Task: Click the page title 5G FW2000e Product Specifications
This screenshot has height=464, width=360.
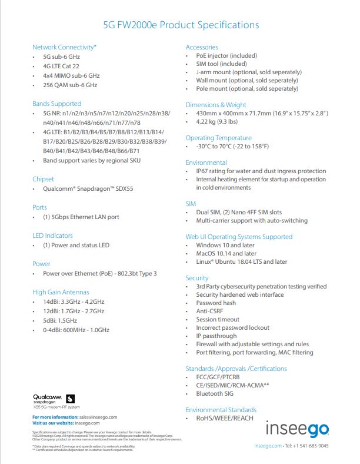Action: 181,25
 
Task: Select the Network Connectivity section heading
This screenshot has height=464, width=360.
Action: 64,47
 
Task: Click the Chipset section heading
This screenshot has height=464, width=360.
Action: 43,179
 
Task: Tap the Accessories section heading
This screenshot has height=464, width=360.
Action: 202,47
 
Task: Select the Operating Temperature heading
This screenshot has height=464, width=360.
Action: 219,138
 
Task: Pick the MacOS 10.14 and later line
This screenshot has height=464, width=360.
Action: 226,253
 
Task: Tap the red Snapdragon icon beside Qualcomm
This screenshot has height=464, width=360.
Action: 71,398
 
